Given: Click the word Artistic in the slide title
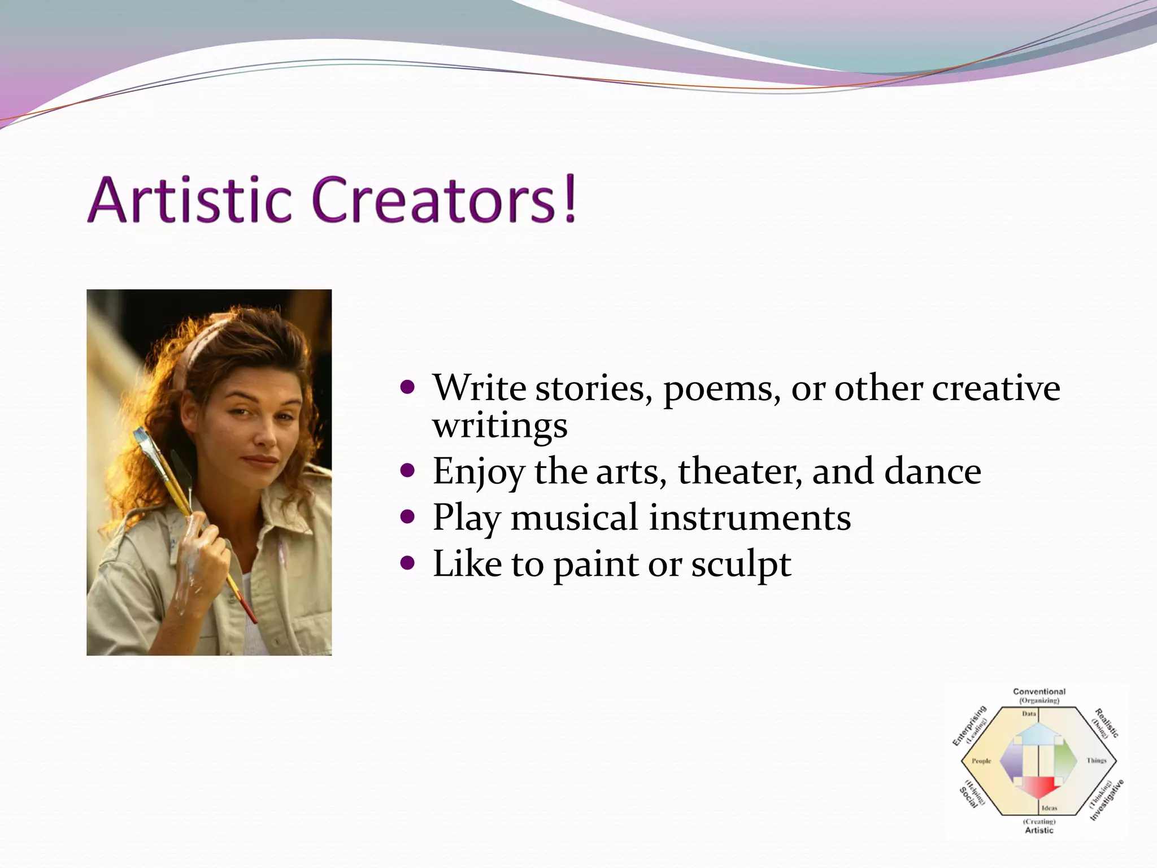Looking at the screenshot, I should click(x=190, y=200).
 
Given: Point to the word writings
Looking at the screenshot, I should click(x=500, y=426).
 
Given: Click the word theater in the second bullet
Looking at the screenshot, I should click(x=740, y=471).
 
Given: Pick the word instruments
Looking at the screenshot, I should click(x=749, y=518).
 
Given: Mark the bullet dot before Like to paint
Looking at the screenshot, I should click(x=407, y=563).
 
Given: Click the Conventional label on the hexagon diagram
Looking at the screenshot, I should click(x=1039, y=691).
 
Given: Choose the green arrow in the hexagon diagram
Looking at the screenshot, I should click(x=1064, y=760).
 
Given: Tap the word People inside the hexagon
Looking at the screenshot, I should click(x=981, y=761).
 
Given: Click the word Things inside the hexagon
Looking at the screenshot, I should click(x=1097, y=761).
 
